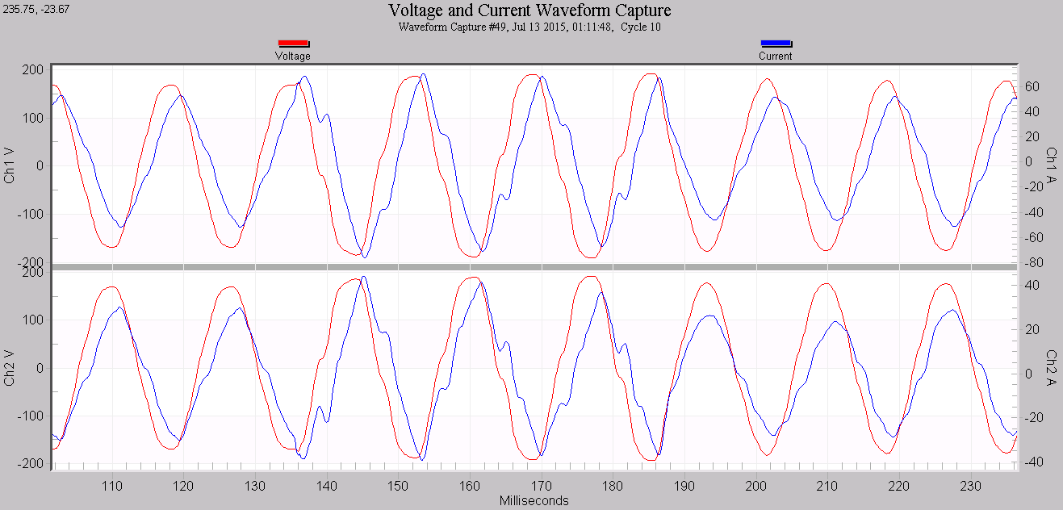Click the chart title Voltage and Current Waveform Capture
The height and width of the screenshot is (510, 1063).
(x=529, y=10)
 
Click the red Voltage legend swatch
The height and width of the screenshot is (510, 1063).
(x=293, y=44)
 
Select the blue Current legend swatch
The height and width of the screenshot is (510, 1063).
(x=776, y=44)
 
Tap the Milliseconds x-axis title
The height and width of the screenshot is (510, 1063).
(x=534, y=501)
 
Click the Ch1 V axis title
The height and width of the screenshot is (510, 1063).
(x=10, y=166)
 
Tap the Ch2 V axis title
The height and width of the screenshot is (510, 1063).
(x=10, y=368)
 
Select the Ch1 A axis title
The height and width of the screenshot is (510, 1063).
(x=1052, y=166)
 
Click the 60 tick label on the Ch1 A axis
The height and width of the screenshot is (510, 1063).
(x=1032, y=86)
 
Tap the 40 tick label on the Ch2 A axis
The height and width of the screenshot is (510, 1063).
(x=1032, y=285)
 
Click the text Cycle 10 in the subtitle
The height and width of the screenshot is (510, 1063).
(x=641, y=27)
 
